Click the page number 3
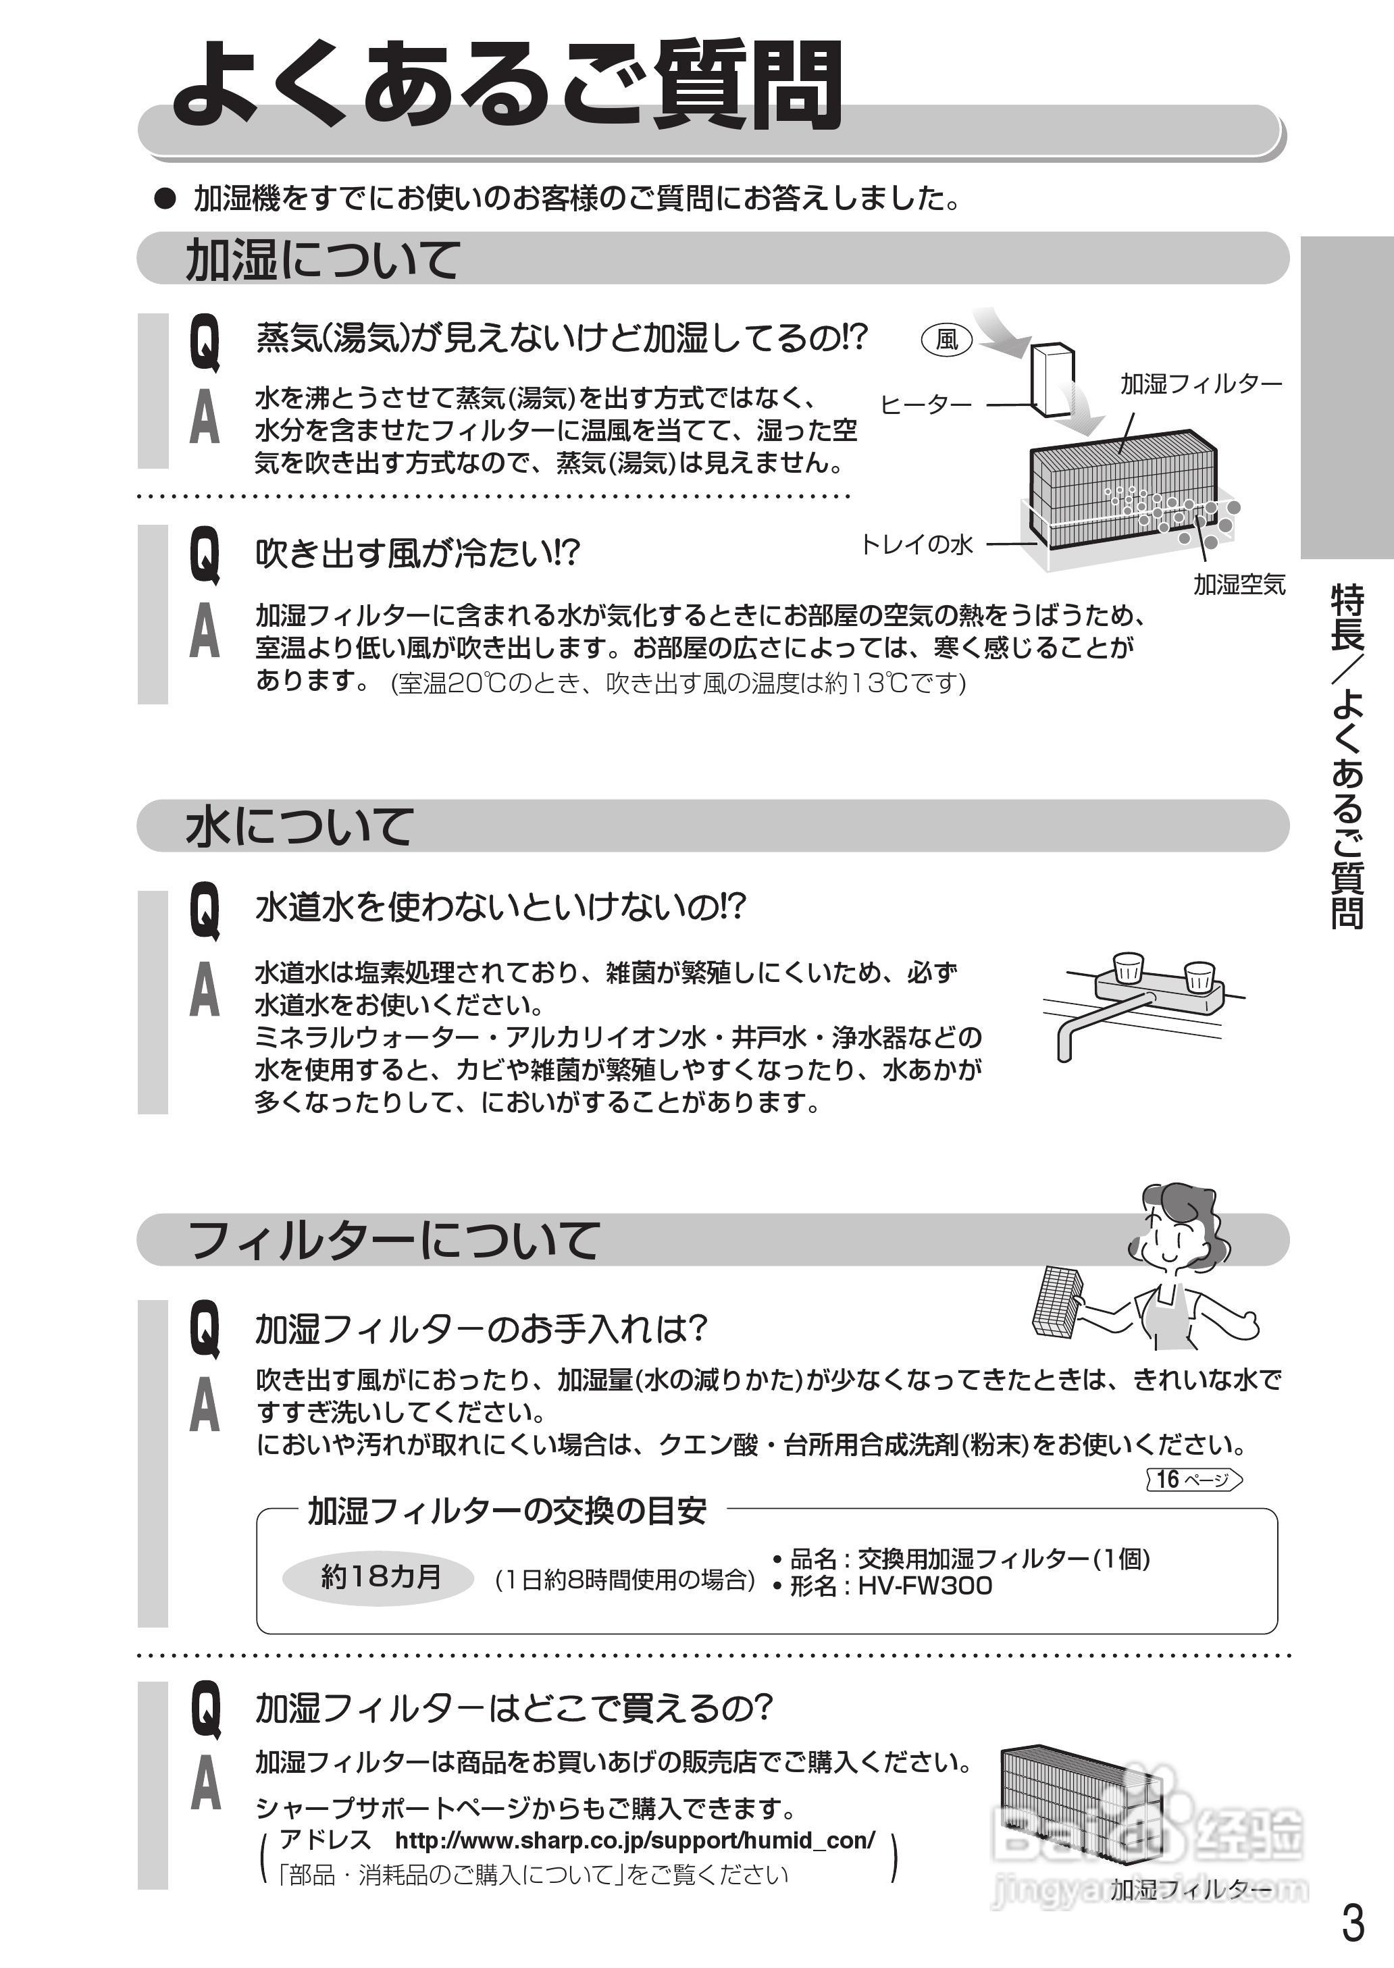1352,1923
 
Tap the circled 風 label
946,340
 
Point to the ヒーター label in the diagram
925,405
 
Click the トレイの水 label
916,544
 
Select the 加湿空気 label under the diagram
1239,586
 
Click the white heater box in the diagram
1052,380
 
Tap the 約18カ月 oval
378,1577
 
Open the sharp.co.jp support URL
634,1840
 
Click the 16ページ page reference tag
1194,1479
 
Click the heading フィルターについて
392,1241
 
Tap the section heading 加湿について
323,259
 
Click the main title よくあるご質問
507,86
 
